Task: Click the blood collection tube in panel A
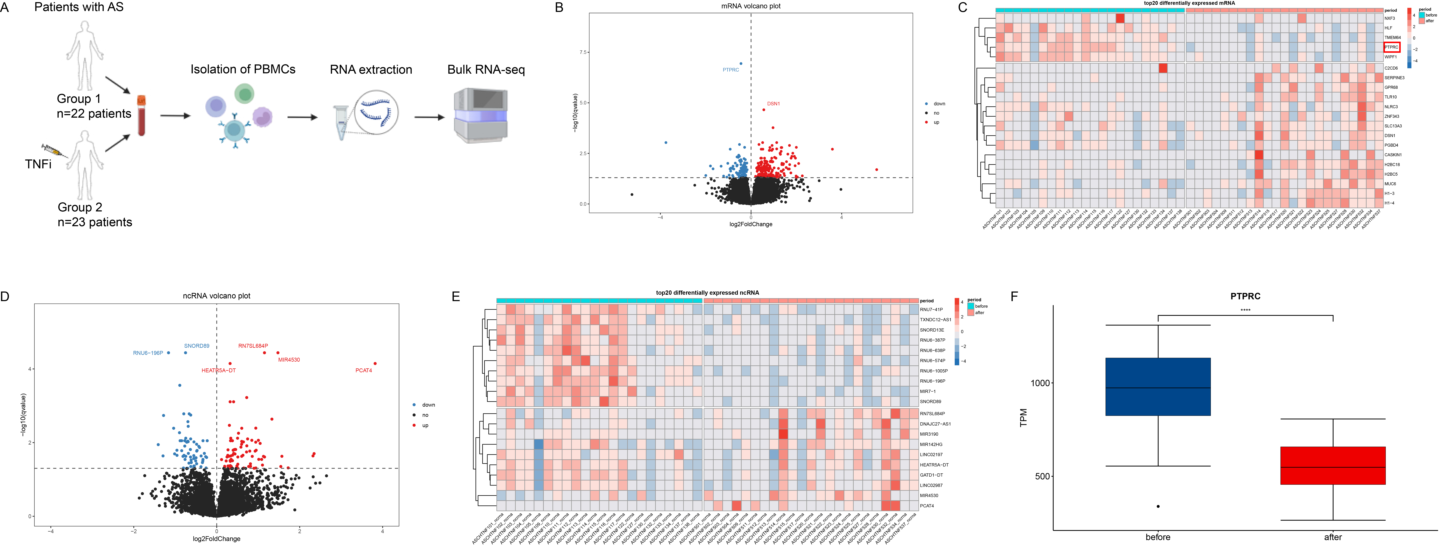coord(142,116)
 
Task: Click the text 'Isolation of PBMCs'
coord(243,69)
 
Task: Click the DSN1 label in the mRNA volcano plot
coord(773,104)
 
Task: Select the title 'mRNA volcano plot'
coord(751,6)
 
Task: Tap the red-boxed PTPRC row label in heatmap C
coord(1391,47)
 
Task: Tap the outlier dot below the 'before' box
coord(1158,506)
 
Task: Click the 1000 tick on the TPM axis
coord(1041,383)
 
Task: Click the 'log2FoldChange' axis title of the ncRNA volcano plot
coord(217,539)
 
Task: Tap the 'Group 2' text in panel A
coord(80,207)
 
